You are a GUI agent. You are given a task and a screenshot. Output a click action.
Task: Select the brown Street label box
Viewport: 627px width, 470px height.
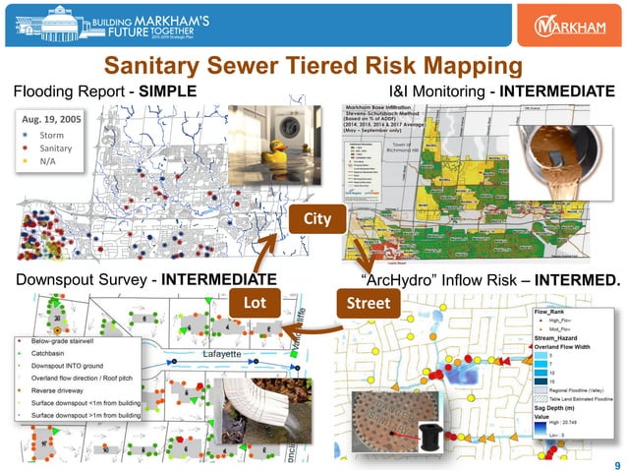[x=364, y=299]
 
